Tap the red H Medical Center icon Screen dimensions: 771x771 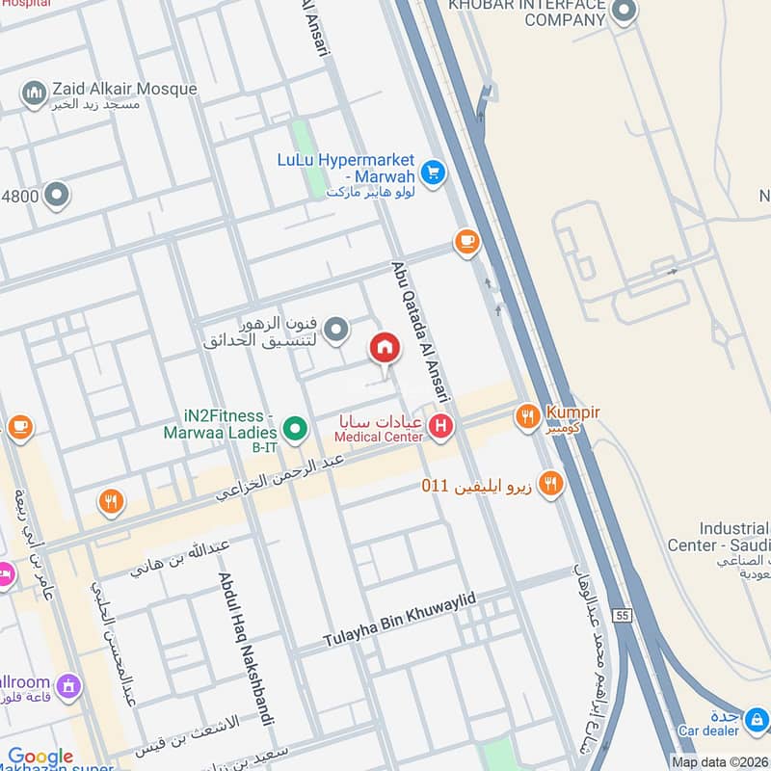pos(440,424)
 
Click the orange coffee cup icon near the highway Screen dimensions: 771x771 pos(467,242)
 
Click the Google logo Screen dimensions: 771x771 pos(40,758)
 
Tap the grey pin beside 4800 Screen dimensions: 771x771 pos(58,197)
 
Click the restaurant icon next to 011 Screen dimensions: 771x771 pos(550,483)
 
